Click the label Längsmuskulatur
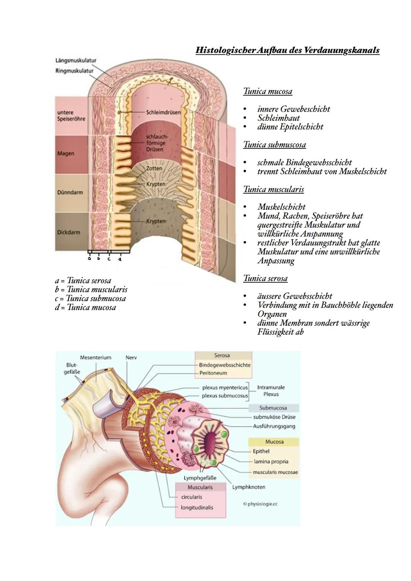[x=75, y=60]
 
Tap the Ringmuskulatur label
[x=74, y=71]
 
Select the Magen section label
[x=65, y=154]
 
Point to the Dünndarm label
[x=70, y=193]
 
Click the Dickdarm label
[x=68, y=232]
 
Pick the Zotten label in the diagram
[x=154, y=168]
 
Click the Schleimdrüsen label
[x=163, y=113]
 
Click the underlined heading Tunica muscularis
[x=273, y=189]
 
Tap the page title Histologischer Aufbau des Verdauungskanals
[x=287, y=50]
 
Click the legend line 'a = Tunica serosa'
[x=83, y=281]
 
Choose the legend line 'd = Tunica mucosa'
[x=85, y=307]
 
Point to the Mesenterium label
[x=96, y=358]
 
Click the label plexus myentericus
[x=225, y=388]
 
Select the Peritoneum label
[x=213, y=373]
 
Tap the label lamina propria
[x=271, y=462]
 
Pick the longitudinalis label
[x=197, y=508]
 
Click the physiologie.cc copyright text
[x=260, y=504]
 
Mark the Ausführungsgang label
[x=274, y=427]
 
